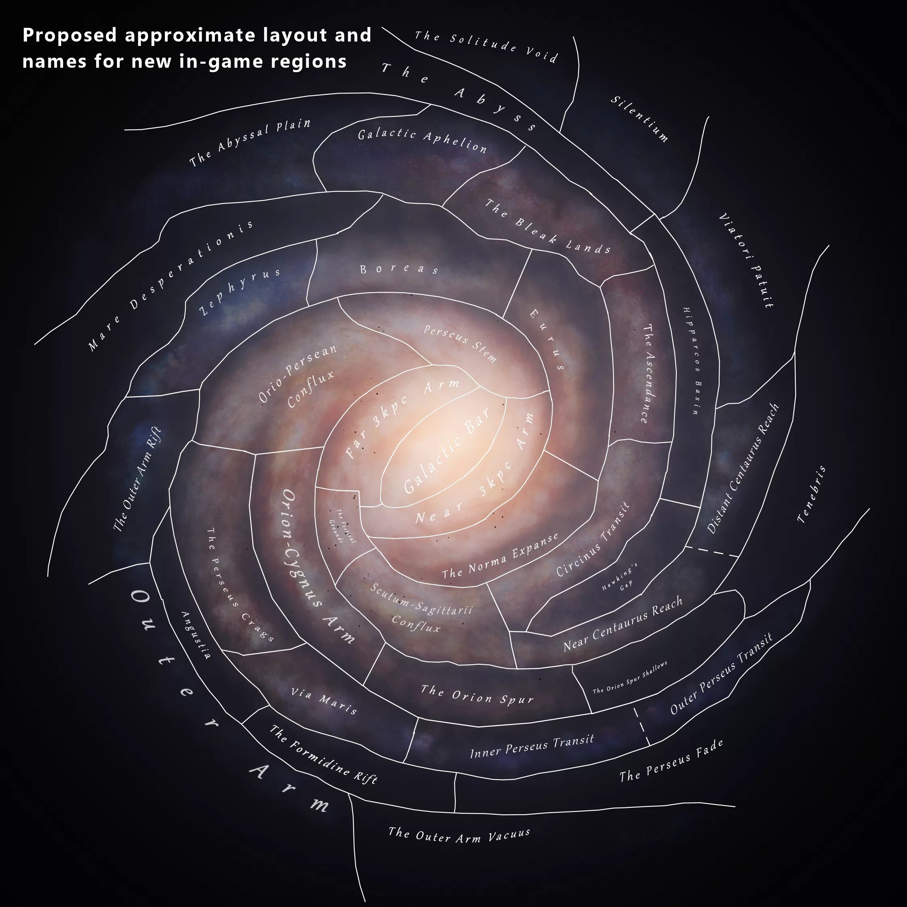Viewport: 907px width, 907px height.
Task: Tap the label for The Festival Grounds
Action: click(x=342, y=526)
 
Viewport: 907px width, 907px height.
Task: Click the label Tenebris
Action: click(x=812, y=494)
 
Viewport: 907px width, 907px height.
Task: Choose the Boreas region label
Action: click(x=399, y=269)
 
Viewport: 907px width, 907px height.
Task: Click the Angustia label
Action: click(x=196, y=635)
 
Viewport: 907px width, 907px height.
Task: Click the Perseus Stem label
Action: click(x=460, y=343)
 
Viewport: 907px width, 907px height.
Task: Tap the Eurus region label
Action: click(x=547, y=339)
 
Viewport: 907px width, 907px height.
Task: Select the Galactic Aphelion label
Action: click(x=422, y=140)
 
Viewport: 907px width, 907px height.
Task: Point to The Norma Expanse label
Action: click(x=500, y=556)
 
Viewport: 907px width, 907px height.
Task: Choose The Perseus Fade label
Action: click(x=671, y=761)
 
